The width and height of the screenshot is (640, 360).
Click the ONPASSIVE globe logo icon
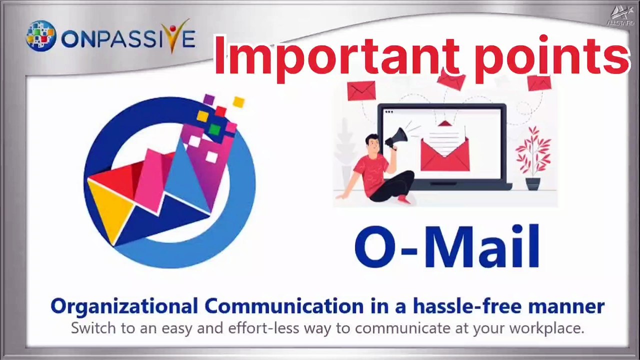tap(41, 36)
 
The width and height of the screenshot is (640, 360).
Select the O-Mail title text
tap(447, 246)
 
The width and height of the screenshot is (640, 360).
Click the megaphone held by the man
tap(396, 138)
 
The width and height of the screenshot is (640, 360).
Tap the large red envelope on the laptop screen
tap(445, 154)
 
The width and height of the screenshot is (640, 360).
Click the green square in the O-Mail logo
tap(214, 129)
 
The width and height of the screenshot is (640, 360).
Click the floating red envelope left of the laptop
tap(361, 90)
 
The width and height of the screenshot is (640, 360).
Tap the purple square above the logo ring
tap(209, 99)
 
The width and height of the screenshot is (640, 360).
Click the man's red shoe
tap(404, 199)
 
